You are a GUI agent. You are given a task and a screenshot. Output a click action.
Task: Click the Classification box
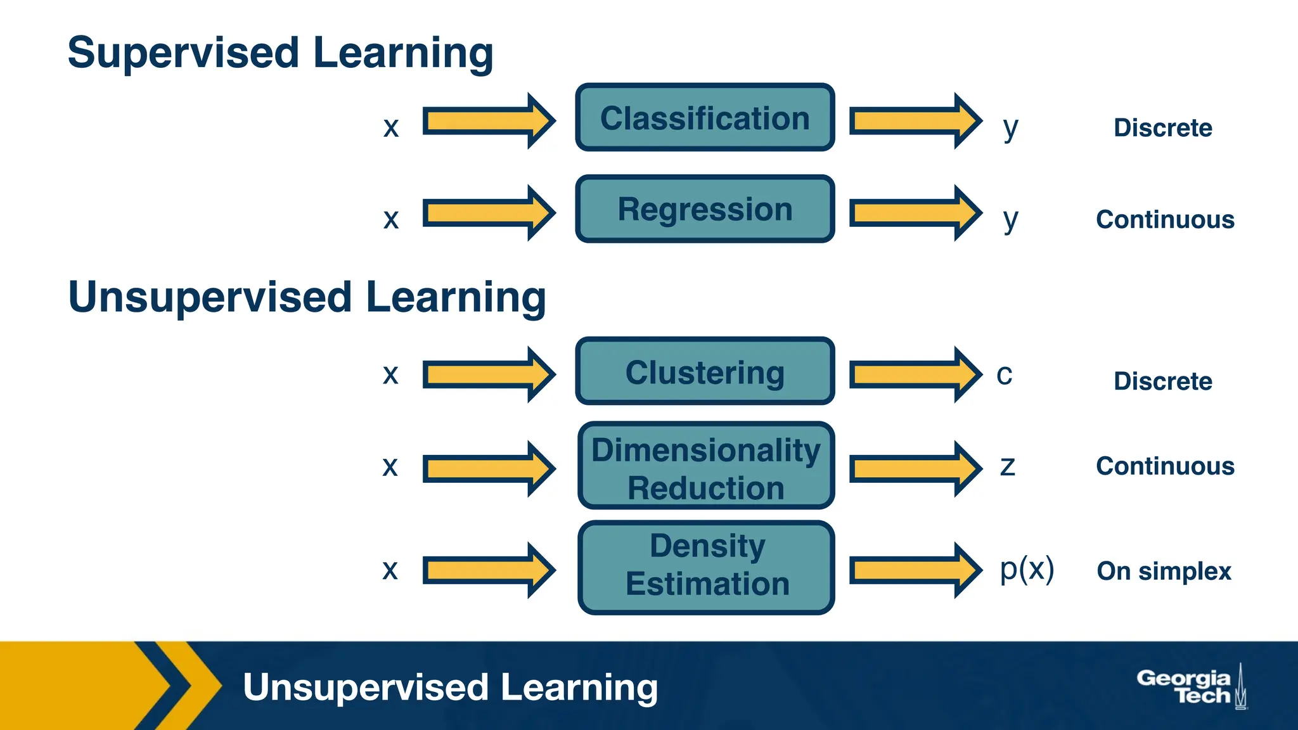705,118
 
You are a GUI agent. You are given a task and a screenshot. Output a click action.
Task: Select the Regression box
705,209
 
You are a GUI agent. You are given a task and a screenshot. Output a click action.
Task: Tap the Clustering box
705,371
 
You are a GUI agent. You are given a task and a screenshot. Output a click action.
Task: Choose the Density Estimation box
706,567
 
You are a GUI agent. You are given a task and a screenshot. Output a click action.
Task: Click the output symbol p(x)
1027,569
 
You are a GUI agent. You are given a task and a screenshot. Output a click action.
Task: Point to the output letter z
1007,466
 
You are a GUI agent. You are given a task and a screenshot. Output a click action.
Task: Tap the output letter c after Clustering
1005,375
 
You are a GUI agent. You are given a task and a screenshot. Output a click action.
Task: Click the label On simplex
1164,572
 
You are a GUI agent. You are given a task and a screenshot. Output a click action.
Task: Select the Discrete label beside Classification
1163,128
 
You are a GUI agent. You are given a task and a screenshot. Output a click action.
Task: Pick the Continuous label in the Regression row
1165,220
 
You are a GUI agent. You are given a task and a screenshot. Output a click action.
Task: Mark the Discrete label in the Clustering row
1163,381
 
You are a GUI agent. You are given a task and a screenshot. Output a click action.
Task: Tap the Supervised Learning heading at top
280,53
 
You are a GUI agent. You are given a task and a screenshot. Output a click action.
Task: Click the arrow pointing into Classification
488,120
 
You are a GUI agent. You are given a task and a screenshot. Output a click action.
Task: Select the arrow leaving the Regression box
915,213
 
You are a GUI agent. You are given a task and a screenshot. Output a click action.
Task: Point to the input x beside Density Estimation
390,570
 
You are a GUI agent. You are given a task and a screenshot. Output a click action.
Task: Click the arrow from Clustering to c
915,375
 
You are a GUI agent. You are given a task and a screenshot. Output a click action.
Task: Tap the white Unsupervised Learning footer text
450,688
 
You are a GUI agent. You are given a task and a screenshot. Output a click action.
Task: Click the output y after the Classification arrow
1010,128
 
